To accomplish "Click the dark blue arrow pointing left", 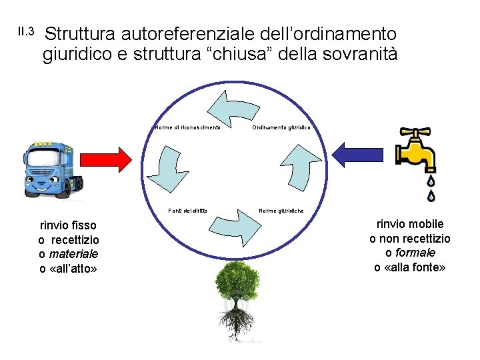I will pos(359,154).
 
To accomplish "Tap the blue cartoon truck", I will pos(54,170).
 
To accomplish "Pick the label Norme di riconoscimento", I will pos(187,127).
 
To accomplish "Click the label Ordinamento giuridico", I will pos(281,127).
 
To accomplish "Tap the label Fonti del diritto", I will pos(187,211).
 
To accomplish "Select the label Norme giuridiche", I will pos(281,211).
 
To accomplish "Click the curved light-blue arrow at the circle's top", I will pos(230,107).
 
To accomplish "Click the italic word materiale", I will pos(73,254).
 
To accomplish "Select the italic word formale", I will pos(415,253).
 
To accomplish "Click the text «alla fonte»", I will pos(410,267).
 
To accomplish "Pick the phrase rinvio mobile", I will pos(410,224).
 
